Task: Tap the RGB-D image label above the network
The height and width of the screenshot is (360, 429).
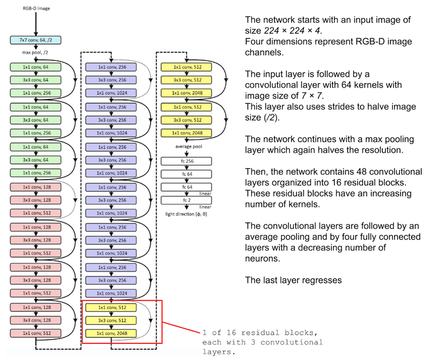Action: [35, 8]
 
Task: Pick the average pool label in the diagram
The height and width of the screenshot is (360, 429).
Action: [183, 146]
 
